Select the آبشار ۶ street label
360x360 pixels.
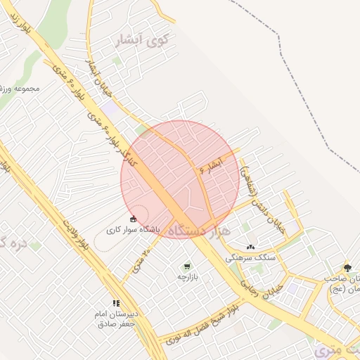[x=211, y=166]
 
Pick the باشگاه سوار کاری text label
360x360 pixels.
[x=134, y=229]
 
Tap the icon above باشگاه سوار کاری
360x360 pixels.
[x=134, y=219]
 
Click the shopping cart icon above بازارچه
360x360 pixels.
[x=186, y=266]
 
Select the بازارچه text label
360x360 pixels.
[x=186, y=278]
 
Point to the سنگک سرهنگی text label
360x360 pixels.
[x=250, y=258]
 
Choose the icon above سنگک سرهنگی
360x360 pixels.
[x=250, y=247]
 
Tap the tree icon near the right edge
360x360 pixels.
[x=347, y=268]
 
